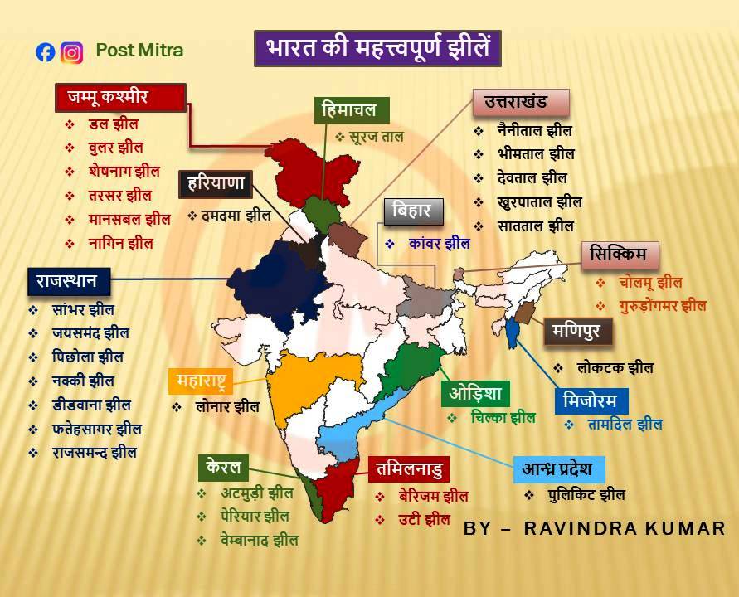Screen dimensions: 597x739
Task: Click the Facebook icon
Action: pyautogui.click(x=45, y=52)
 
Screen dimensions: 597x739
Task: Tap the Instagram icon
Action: pyautogui.click(x=72, y=52)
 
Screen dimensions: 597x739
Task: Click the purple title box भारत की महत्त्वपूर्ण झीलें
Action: pyautogui.click(x=377, y=47)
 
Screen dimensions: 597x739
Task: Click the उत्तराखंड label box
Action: pyautogui.click(x=522, y=103)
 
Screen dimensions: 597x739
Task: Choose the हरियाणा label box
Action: pyautogui.click(x=215, y=184)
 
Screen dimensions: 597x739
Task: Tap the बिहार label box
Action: pyautogui.click(x=413, y=211)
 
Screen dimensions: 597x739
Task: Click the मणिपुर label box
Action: pyautogui.click(x=578, y=332)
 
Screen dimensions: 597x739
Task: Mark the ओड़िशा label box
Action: pyautogui.click(x=475, y=392)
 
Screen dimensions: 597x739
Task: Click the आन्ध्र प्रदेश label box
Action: pyautogui.click(x=558, y=468)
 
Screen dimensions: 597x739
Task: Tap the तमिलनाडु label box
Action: pyautogui.click(x=409, y=469)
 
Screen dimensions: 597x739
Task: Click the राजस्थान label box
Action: pyautogui.click(x=67, y=281)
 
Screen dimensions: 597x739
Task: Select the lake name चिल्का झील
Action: pyautogui.click(x=502, y=418)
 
